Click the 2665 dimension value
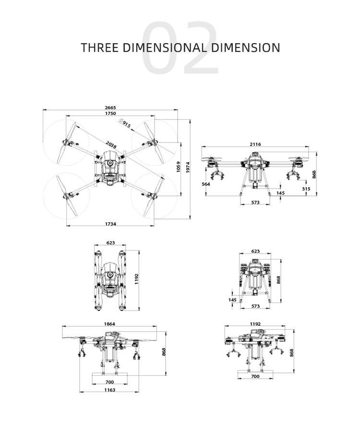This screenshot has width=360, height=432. point(110,108)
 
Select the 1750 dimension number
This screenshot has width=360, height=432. point(110,114)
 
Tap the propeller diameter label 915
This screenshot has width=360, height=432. point(125,124)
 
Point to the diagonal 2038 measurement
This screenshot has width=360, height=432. point(111,144)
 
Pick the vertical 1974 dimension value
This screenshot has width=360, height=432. point(188,168)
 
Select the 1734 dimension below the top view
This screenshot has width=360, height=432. point(110,224)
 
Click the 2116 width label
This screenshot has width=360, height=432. point(255,144)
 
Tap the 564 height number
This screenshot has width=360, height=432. point(206,184)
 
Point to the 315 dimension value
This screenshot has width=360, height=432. point(306,189)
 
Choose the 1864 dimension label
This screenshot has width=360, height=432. point(110,324)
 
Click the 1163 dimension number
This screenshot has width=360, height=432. point(109,390)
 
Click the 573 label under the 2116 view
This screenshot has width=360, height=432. point(255,203)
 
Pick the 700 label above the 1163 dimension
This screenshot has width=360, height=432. point(109,382)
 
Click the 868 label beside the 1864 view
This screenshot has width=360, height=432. point(164,352)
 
